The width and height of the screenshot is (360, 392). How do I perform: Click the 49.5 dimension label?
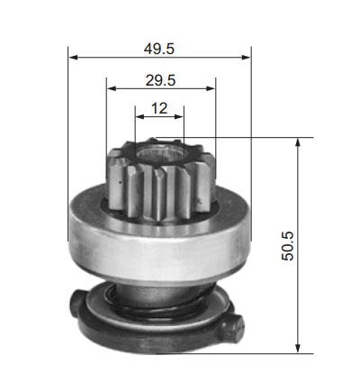tap(158, 49)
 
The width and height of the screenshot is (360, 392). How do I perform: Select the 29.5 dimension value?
tap(160, 80)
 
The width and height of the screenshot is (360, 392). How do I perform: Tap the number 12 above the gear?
tap(159, 108)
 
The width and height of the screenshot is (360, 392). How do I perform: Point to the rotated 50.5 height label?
tap(287, 246)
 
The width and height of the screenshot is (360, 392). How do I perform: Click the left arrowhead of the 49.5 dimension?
tap(74, 57)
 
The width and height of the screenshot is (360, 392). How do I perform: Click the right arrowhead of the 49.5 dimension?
tap(246, 57)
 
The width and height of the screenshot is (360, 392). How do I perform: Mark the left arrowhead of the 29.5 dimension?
tap(112, 88)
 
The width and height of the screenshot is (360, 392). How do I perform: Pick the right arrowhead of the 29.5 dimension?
tap(211, 88)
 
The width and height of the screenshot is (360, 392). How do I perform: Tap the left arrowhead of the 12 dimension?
tap(140, 116)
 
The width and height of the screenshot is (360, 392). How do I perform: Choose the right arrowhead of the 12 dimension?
tap(179, 116)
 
